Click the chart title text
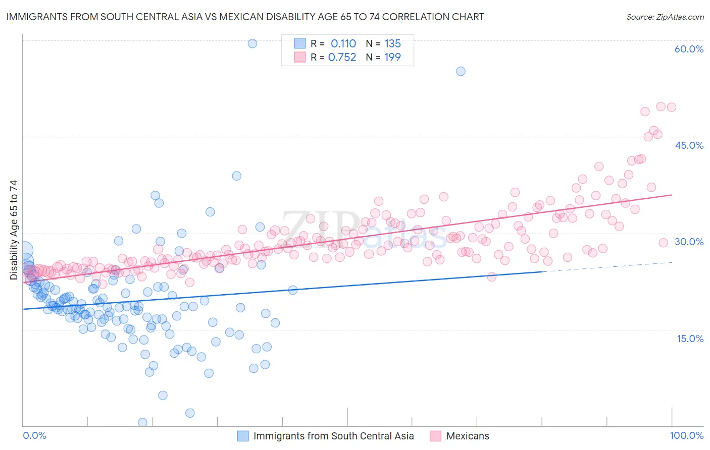coord(245,17)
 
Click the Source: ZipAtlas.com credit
coord(665,17)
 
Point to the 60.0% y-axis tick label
coord(689,49)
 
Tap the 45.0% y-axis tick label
coord(689,145)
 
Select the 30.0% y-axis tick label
coord(689,242)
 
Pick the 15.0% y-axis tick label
coord(690,339)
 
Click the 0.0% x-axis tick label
coord(34,435)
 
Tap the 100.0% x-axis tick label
coord(686,435)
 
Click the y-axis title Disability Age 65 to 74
coord(14,230)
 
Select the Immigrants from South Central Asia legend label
coord(333,436)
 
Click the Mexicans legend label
coord(468,436)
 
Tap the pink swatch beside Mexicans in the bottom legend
coord(435,436)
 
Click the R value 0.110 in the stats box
coord(343,44)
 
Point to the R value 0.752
coord(342,58)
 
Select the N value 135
coord(392,44)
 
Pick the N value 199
coord(392,58)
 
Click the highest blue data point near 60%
coord(252,43)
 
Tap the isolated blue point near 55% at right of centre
coord(461,71)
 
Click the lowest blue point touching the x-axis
coord(142,422)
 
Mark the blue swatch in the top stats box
coord(300,44)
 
